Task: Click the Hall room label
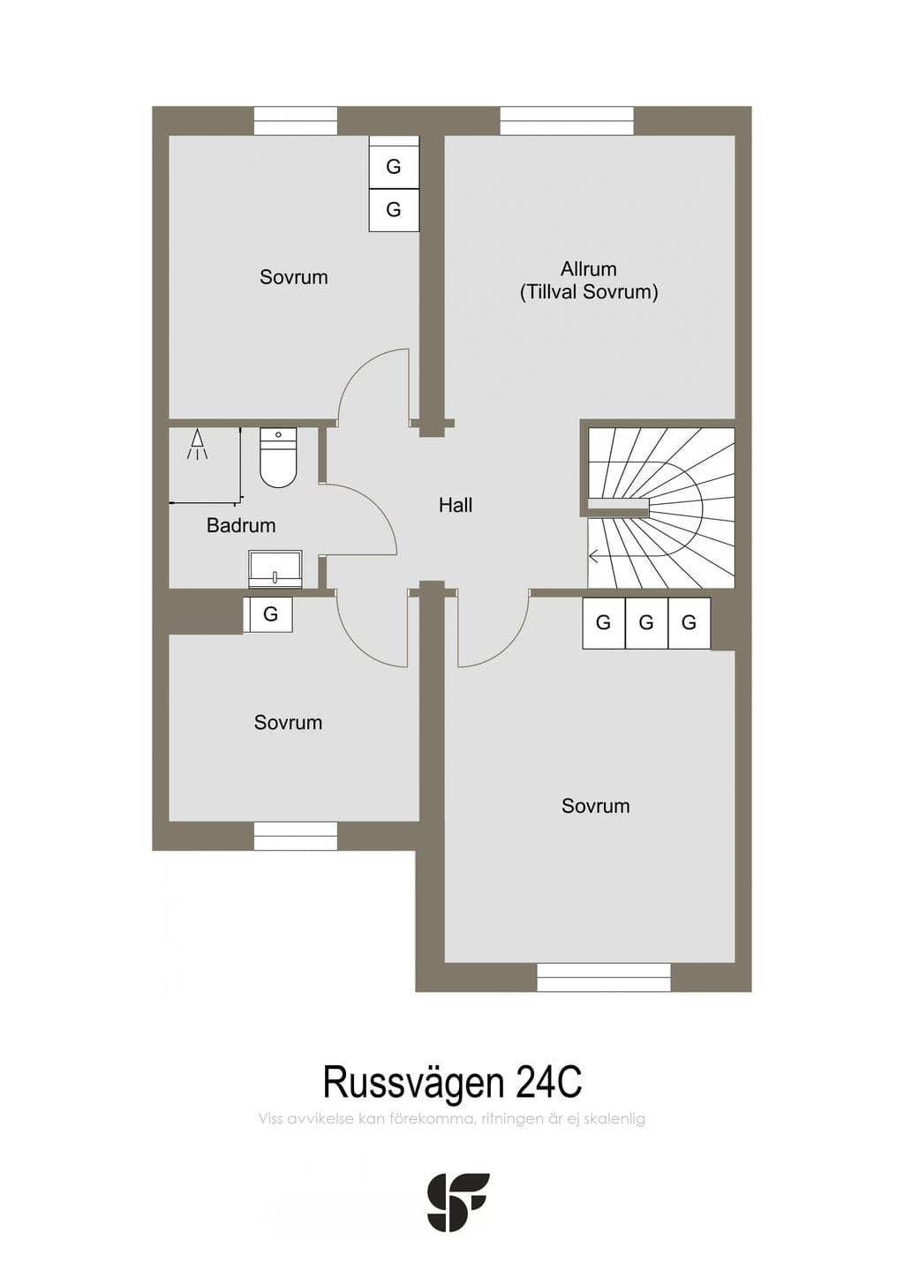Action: pyautogui.click(x=456, y=505)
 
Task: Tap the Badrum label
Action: pyautogui.click(x=241, y=525)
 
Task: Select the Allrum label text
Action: pyautogui.click(x=588, y=268)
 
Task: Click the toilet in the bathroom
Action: pyautogui.click(x=278, y=457)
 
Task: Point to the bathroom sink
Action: pyautogui.click(x=275, y=568)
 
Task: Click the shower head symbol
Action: pyautogui.click(x=197, y=444)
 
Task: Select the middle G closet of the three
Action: pyautogui.click(x=646, y=623)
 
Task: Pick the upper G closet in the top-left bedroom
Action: pyautogui.click(x=394, y=167)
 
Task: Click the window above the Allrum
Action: pyautogui.click(x=567, y=121)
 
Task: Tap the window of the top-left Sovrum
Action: pyautogui.click(x=295, y=121)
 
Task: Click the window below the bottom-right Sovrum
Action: pyautogui.click(x=604, y=977)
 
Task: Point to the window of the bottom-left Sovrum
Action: pyautogui.click(x=295, y=836)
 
